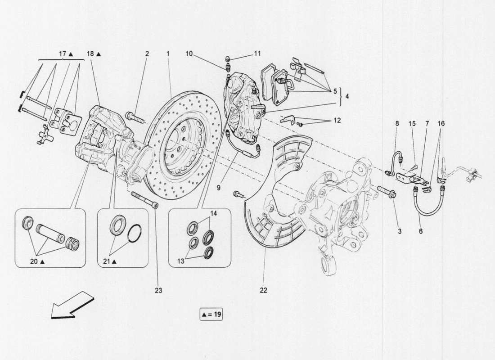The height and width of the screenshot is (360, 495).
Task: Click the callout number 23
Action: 158,291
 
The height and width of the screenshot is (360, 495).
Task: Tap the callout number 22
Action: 263,291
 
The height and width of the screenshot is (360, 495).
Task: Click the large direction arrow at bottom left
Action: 72,304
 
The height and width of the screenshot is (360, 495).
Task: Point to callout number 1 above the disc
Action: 167,54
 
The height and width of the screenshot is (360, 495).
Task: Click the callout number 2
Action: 147,54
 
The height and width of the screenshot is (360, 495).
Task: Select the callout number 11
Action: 257,53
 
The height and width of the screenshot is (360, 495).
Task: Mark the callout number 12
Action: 337,121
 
